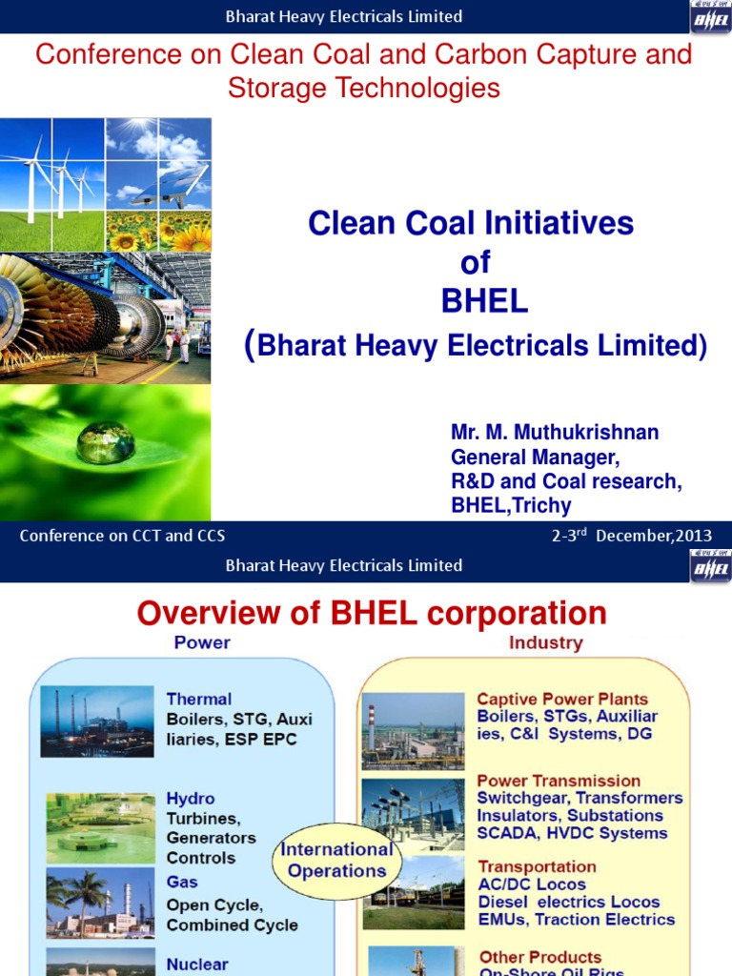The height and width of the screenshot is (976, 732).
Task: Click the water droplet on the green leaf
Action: click(105, 442)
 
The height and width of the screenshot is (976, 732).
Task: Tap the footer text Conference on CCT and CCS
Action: click(122, 536)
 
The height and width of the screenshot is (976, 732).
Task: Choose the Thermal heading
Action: click(198, 700)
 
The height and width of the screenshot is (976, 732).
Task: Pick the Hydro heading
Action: click(191, 799)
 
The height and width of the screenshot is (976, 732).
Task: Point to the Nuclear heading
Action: click(196, 965)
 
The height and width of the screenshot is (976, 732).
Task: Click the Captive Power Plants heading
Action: click(562, 700)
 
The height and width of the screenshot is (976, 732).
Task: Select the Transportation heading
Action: click(537, 867)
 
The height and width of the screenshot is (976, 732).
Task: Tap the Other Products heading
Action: click(539, 957)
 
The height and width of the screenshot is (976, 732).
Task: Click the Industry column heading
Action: click(545, 643)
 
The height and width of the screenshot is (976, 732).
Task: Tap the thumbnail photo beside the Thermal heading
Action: click(97, 722)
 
